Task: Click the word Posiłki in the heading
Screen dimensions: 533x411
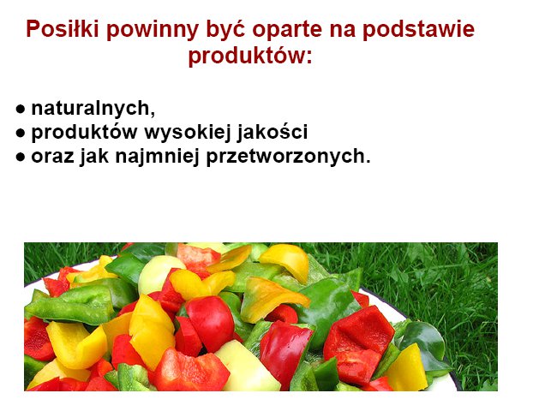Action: pyautogui.click(x=63, y=28)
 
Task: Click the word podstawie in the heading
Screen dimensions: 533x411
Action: pyautogui.click(x=418, y=30)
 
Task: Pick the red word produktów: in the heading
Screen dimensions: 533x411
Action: pyautogui.click(x=250, y=56)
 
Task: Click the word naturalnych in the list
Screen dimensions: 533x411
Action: pyautogui.click(x=91, y=109)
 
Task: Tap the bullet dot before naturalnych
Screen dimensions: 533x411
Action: pyautogui.click(x=21, y=109)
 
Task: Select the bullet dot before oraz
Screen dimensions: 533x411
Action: pyautogui.click(x=21, y=157)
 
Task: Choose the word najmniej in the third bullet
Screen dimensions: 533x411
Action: pyautogui.click(x=157, y=157)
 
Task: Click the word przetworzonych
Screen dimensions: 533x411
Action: pyautogui.click(x=284, y=157)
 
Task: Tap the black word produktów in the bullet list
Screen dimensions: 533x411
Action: pyautogui.click(x=84, y=132)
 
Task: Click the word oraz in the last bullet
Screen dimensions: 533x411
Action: pyautogui.click(x=52, y=157)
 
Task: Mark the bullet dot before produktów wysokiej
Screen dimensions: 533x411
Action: pyautogui.click(x=21, y=133)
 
